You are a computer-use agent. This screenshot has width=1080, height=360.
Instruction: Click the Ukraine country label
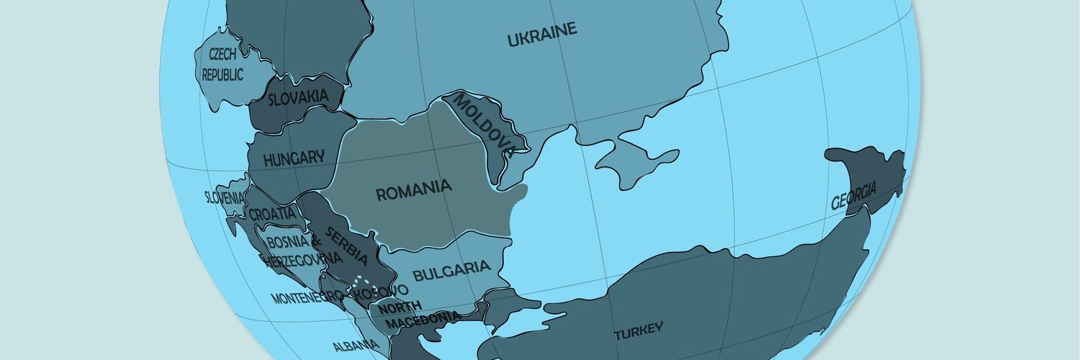(x=542, y=35)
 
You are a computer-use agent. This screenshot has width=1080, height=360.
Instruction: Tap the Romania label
(x=414, y=191)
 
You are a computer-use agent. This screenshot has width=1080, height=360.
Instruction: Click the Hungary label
(x=293, y=158)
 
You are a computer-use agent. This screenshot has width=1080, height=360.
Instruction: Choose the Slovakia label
(x=298, y=97)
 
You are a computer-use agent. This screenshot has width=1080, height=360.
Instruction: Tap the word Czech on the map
(x=222, y=54)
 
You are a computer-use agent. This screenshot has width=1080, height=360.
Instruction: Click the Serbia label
(x=346, y=246)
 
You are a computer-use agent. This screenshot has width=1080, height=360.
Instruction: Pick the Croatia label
(x=272, y=214)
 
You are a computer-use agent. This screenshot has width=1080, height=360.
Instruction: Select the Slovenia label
(x=225, y=197)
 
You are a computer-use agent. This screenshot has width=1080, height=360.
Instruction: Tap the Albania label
(x=356, y=346)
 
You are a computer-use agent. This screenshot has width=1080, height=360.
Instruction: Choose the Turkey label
(x=638, y=331)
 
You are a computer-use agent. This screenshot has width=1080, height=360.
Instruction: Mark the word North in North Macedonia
(x=400, y=307)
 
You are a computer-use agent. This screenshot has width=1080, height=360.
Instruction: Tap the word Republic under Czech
(x=222, y=74)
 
